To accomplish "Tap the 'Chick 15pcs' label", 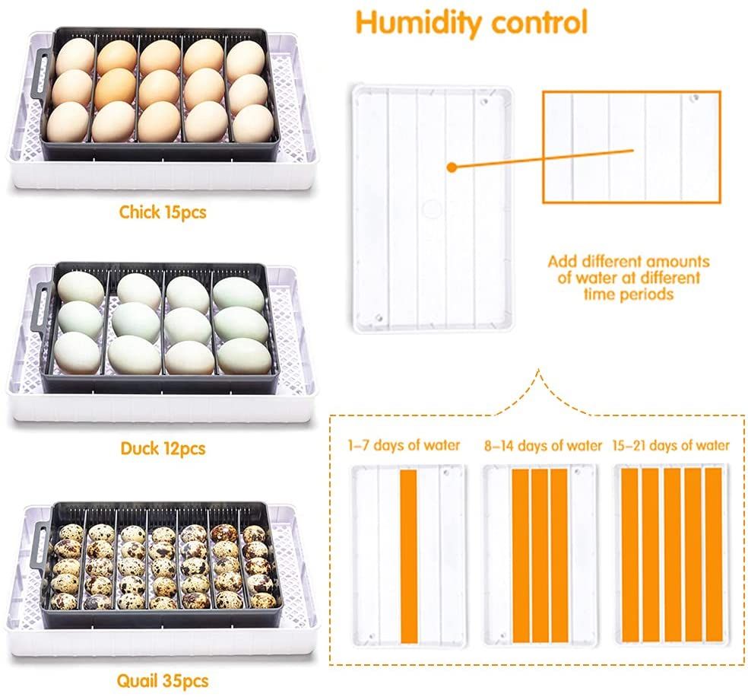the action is pos(163,212).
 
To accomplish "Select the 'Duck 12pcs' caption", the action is pos(163,448).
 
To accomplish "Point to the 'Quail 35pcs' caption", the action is pos(163,681).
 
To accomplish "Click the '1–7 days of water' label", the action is pos(404,445).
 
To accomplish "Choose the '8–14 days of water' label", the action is pos(543,446).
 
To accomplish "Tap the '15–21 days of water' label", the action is pos(671,445).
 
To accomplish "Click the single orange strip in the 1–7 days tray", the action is pos(409,557).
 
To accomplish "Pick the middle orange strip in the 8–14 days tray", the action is pos(540,555).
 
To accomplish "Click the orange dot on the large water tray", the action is pos(452,167).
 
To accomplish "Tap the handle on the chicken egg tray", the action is pos(43,75).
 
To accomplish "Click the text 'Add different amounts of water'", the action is pos(629,269).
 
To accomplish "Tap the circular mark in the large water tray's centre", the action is pos(431,208).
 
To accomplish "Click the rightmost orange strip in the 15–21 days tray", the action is pos(713,555).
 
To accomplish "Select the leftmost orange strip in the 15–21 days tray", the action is pos(629,555).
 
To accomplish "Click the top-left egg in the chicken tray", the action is pos(75,56).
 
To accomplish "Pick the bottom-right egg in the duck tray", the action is pos(244,355).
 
